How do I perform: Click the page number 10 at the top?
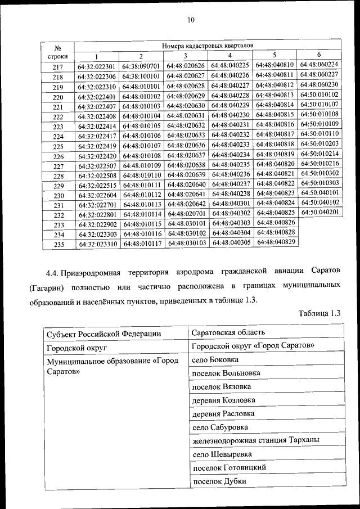click(190, 20)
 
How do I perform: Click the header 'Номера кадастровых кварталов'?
click(208, 43)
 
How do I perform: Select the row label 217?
click(58, 67)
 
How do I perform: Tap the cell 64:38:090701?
click(141, 66)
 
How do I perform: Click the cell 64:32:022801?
click(97, 215)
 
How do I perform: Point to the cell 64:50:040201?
click(319, 212)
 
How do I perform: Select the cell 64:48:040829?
click(275, 241)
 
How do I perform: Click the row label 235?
click(58, 245)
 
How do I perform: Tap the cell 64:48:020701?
click(186, 214)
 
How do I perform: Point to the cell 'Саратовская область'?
click(228, 332)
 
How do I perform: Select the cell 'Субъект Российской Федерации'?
click(104, 334)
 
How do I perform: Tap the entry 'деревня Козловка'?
click(223, 400)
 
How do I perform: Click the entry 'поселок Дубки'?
click(219, 481)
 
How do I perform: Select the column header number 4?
click(230, 55)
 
